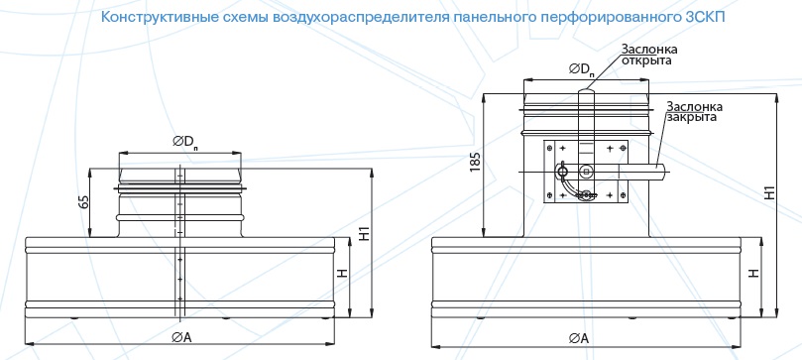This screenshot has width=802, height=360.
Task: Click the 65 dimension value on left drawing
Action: coord(85,202)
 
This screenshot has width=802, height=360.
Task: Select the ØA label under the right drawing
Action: coord(579,338)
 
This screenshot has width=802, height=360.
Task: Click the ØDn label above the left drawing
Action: coord(185,143)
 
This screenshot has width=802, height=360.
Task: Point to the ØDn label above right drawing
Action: coord(582,70)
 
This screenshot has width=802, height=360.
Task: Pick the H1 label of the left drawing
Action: coord(365,235)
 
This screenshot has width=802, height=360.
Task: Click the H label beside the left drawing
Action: coord(342,273)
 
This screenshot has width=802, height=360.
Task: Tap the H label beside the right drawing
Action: coord(753,274)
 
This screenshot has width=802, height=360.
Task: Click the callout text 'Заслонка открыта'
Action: coord(649,55)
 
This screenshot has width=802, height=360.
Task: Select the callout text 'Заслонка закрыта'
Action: coord(694,112)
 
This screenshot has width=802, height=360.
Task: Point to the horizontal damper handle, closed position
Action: coord(642,172)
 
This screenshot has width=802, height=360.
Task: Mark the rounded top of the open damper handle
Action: coord(586,92)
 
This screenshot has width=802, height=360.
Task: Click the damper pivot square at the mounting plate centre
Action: coord(586,172)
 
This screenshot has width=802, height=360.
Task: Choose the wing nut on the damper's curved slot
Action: coord(587,194)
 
